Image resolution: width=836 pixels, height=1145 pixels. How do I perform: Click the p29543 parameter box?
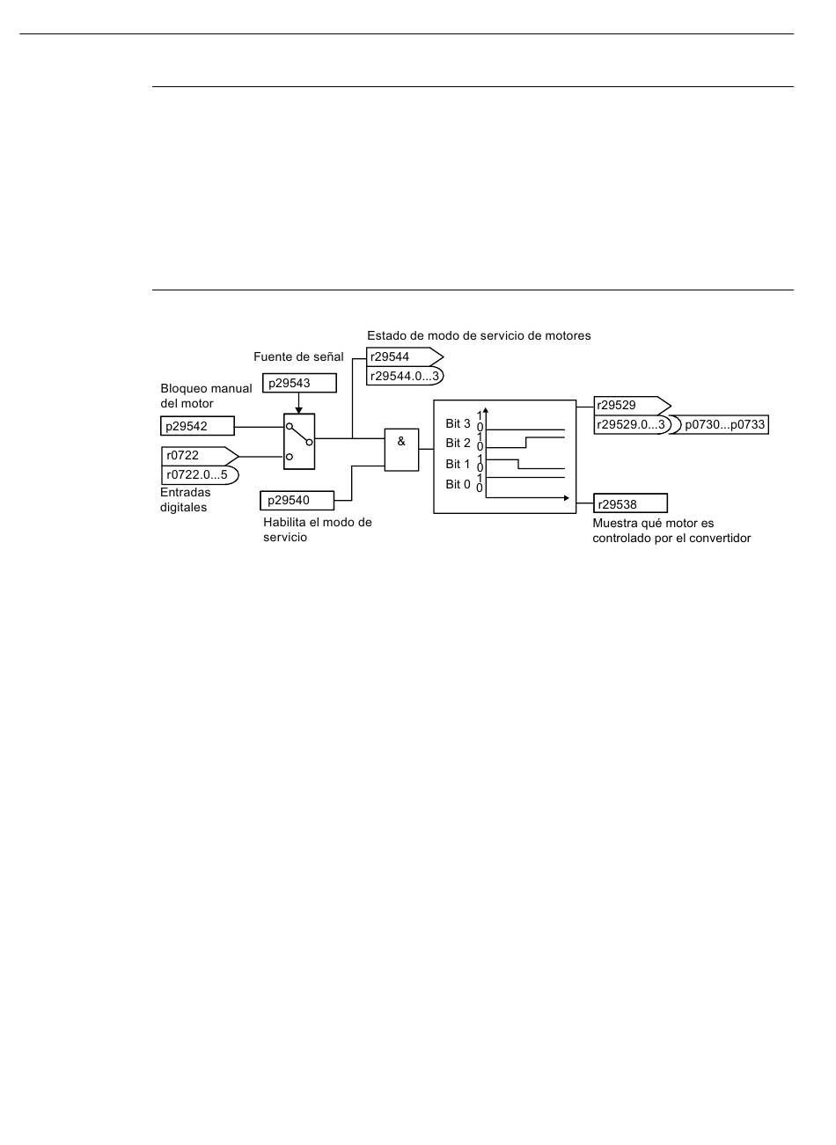click(x=298, y=383)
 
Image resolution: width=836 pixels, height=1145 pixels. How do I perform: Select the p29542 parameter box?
click(x=198, y=426)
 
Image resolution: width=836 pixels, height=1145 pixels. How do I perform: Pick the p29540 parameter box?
click(x=297, y=501)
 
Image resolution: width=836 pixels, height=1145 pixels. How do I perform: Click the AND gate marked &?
click(x=401, y=450)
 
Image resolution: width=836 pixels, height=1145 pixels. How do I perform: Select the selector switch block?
click(x=299, y=442)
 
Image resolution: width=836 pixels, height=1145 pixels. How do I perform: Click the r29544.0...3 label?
click(x=404, y=376)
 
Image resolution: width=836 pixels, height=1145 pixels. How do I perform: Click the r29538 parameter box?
click(x=630, y=504)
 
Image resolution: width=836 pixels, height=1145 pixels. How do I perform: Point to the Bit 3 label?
click(x=458, y=423)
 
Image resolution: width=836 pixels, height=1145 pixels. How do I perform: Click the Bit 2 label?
click(x=458, y=443)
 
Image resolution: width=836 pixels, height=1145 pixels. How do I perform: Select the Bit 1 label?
click(x=458, y=464)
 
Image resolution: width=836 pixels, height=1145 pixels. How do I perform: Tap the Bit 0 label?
click(x=458, y=484)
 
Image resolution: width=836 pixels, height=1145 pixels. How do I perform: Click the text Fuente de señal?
click(x=298, y=356)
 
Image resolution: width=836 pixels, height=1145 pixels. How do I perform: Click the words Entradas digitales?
click(x=185, y=500)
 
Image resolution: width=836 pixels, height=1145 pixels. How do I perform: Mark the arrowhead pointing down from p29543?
click(x=299, y=409)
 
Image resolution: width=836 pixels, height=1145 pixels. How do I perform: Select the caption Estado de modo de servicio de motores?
click(x=479, y=335)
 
